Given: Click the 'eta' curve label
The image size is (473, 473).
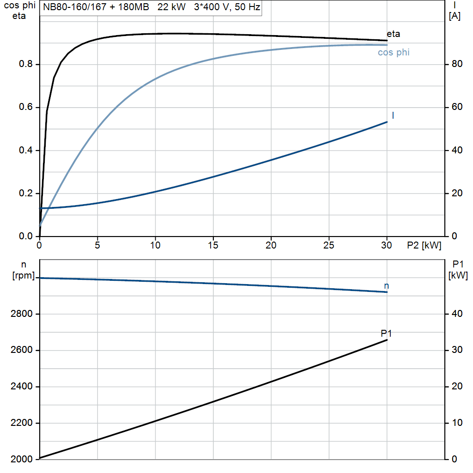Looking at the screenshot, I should [393, 34].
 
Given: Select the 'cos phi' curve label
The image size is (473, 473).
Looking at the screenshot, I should [394, 52].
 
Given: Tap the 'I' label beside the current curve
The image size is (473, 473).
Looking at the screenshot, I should [393, 115].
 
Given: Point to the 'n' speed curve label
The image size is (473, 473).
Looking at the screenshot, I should [387, 286].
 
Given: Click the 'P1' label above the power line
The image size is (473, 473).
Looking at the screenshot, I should [386, 333].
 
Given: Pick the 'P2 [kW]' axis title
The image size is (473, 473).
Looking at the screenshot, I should [424, 246].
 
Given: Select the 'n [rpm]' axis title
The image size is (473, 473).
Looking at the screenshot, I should [24, 270].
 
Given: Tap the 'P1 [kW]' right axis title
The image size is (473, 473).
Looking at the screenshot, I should [458, 270].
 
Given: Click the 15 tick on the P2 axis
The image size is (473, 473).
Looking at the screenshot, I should [213, 245].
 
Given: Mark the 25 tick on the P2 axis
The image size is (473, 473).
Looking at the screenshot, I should [329, 245].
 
